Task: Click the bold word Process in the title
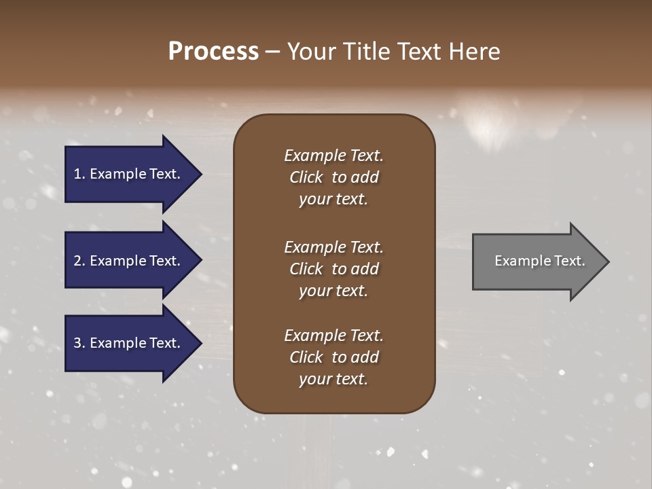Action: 213,52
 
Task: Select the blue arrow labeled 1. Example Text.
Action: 129,174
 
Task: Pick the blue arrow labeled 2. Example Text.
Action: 129,261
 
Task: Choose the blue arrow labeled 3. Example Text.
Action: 129,343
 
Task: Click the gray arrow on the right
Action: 537,261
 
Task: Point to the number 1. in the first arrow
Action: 79,174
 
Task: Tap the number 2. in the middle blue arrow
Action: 79,261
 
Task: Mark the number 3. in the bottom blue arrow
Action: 79,343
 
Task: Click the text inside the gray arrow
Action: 540,261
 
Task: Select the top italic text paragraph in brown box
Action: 333,177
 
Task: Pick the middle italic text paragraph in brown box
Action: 333,269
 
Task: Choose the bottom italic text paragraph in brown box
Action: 333,357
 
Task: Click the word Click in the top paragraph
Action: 306,177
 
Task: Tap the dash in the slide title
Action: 272,52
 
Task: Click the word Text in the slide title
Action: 418,52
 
